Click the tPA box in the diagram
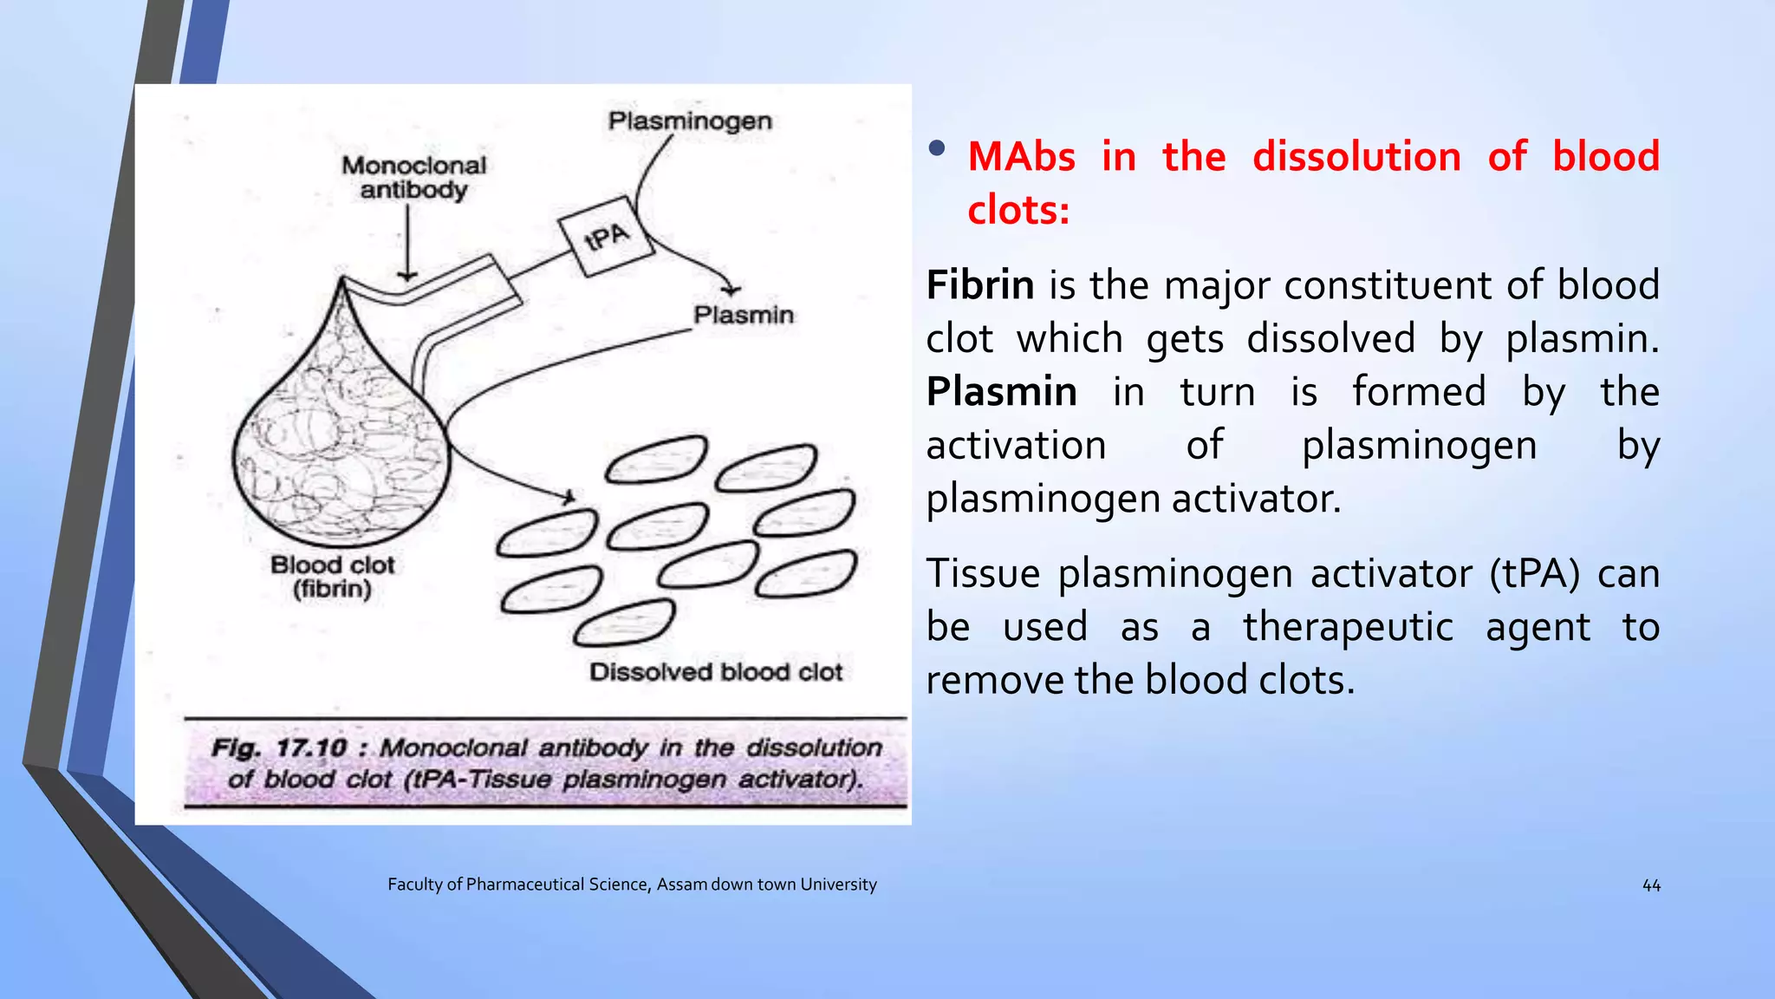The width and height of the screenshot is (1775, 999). pyautogui.click(x=606, y=234)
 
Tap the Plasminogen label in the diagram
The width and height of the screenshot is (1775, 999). pyautogui.click(x=690, y=121)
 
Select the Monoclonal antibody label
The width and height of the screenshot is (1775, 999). pyautogui.click(x=413, y=177)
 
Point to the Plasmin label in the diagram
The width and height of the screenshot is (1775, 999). pyautogui.click(x=743, y=314)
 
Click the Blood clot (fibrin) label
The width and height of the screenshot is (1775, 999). pyautogui.click(x=332, y=577)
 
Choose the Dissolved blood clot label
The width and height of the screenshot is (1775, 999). pyautogui.click(x=716, y=672)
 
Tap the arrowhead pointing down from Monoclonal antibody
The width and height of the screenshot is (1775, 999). pyautogui.click(x=407, y=277)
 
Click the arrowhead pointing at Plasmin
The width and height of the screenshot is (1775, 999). pyautogui.click(x=733, y=289)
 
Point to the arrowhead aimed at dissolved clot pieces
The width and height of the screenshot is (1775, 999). pyautogui.click(x=569, y=498)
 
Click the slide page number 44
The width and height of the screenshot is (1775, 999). pyautogui.click(x=1651, y=885)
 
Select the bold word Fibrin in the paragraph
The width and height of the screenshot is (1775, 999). pyautogui.click(x=979, y=285)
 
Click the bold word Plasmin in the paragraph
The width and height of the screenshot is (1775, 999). pyautogui.click(x=1001, y=392)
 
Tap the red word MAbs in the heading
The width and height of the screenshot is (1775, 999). pyautogui.click(x=1021, y=158)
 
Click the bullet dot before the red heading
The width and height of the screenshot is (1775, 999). pyautogui.click(x=936, y=148)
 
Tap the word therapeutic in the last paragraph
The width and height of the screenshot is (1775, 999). pyautogui.click(x=1348, y=627)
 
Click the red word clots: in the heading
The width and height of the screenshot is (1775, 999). pyautogui.click(x=1018, y=211)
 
